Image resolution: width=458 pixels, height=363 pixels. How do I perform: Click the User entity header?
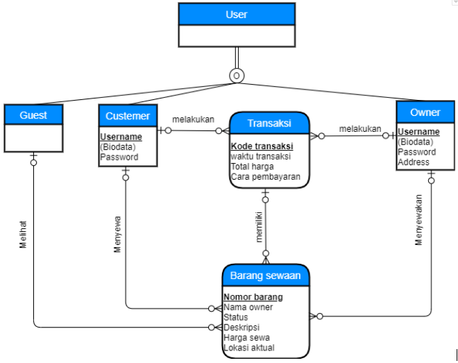coord(236,15)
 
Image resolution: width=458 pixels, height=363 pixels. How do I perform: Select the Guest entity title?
coord(33,115)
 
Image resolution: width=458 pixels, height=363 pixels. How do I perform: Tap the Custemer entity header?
coord(128,115)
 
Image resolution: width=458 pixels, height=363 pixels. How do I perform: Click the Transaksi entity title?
coord(269,124)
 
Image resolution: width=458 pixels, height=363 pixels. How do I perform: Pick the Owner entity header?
coord(425,112)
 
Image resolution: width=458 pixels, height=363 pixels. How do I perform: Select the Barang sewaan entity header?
coord(265,275)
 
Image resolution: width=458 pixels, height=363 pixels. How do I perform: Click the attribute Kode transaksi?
coord(262,146)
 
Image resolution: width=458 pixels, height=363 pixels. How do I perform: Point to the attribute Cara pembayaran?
coord(265,177)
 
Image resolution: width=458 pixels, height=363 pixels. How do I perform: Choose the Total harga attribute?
coord(252,167)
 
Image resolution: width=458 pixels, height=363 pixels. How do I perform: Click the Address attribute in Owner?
coord(414,162)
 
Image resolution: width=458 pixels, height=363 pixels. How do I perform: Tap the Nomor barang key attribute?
coord(253,298)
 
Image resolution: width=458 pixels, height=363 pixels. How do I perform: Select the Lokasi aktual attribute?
coord(249,348)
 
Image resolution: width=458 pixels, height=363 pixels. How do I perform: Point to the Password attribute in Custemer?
coord(119,157)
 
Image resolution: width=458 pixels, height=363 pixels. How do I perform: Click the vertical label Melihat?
coord(23,235)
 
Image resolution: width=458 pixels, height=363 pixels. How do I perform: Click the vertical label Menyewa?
coord(117,237)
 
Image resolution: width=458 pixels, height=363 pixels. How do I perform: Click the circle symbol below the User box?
coord(236,75)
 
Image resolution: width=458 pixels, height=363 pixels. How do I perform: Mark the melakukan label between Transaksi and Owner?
coord(360,129)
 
